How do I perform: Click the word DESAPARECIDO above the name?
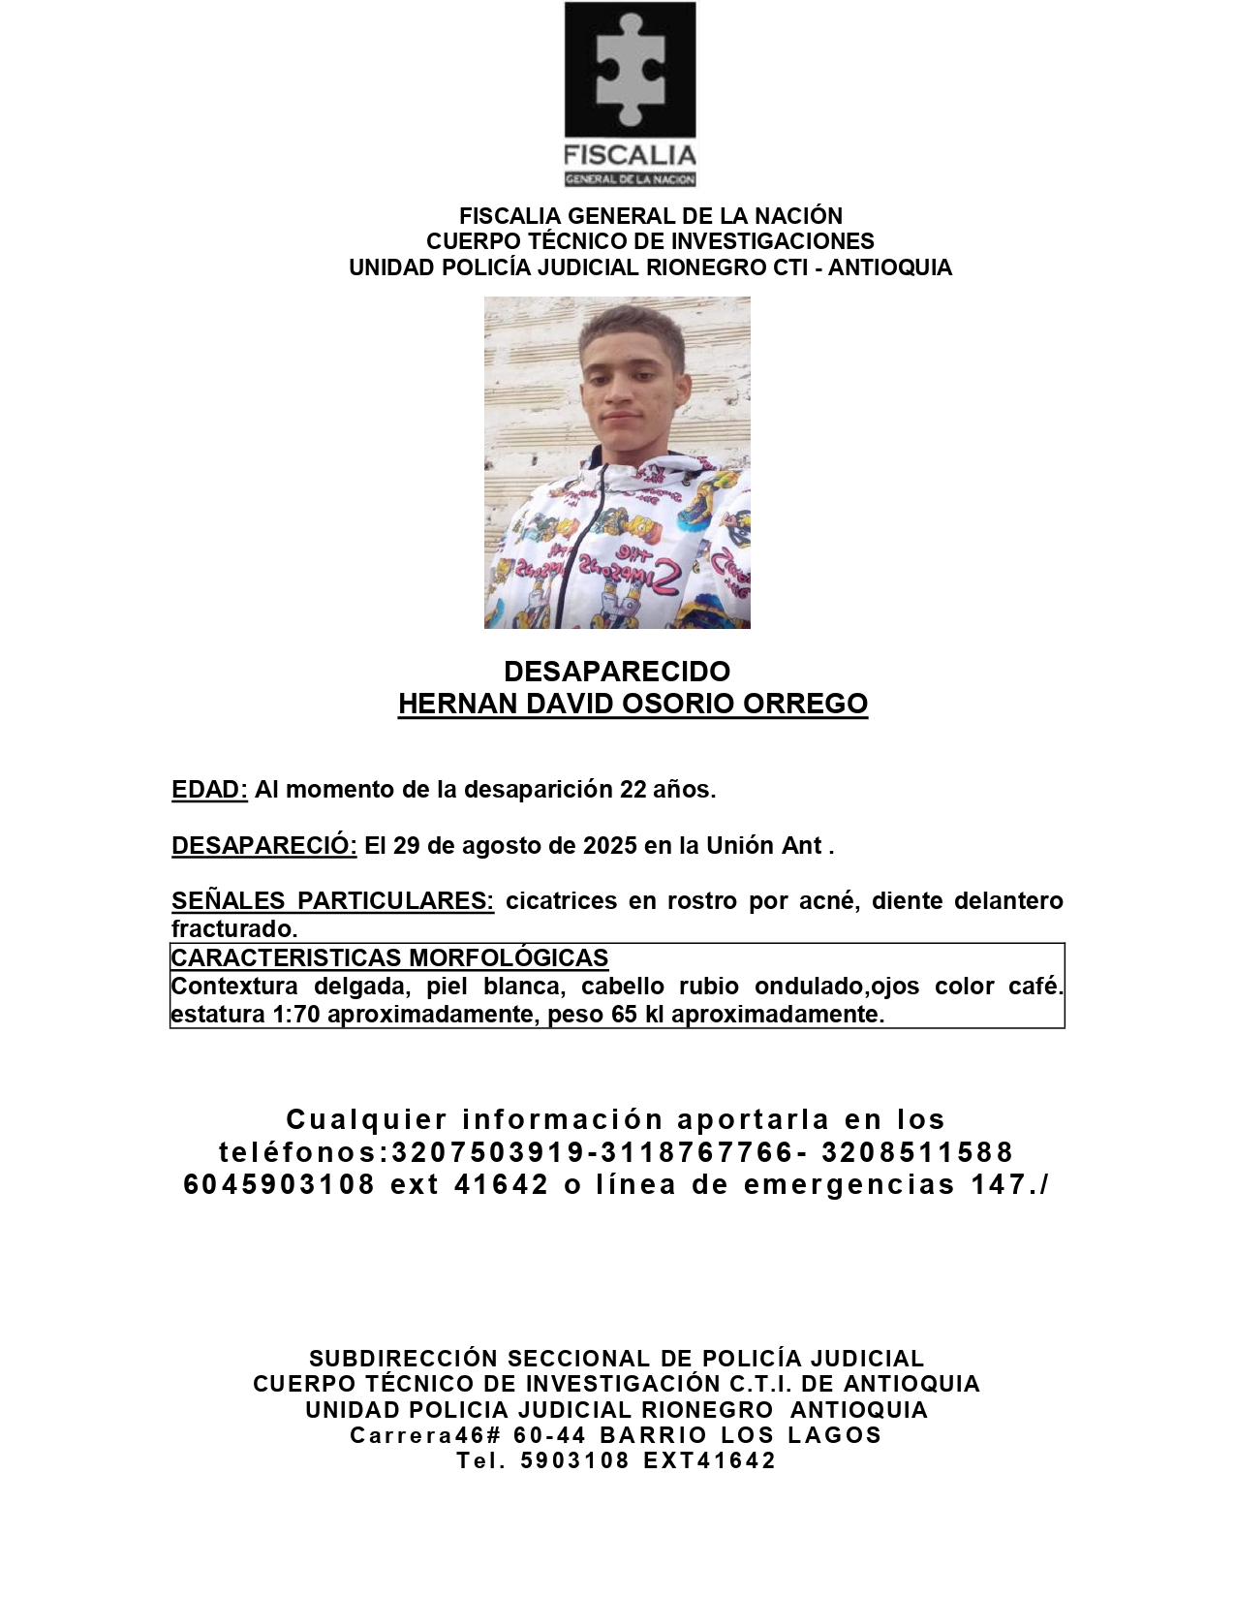click(617, 672)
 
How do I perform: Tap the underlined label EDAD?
click(209, 790)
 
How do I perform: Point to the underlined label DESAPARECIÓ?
click(264, 846)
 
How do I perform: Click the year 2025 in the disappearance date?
click(610, 846)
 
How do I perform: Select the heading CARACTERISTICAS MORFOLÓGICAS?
click(389, 958)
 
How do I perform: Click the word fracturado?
click(233, 929)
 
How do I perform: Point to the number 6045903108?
click(279, 1184)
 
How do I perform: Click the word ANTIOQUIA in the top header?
click(889, 267)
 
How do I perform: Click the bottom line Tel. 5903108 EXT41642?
click(617, 1460)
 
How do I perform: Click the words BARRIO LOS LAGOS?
click(741, 1435)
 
